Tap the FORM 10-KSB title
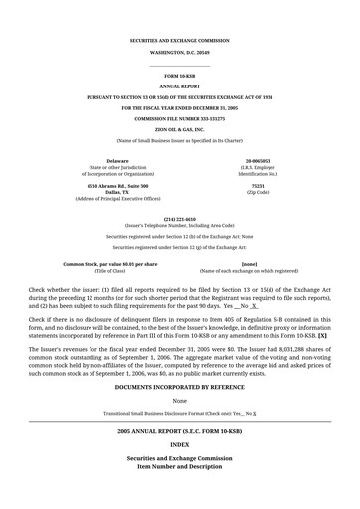179,76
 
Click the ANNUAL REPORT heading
179,86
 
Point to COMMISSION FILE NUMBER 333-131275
179,118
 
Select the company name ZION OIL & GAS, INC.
179,129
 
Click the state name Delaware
117,160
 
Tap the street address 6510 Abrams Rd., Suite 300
117,185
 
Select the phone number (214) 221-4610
179,218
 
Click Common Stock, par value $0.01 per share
110,264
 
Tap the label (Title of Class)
110,271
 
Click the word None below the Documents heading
179,400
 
